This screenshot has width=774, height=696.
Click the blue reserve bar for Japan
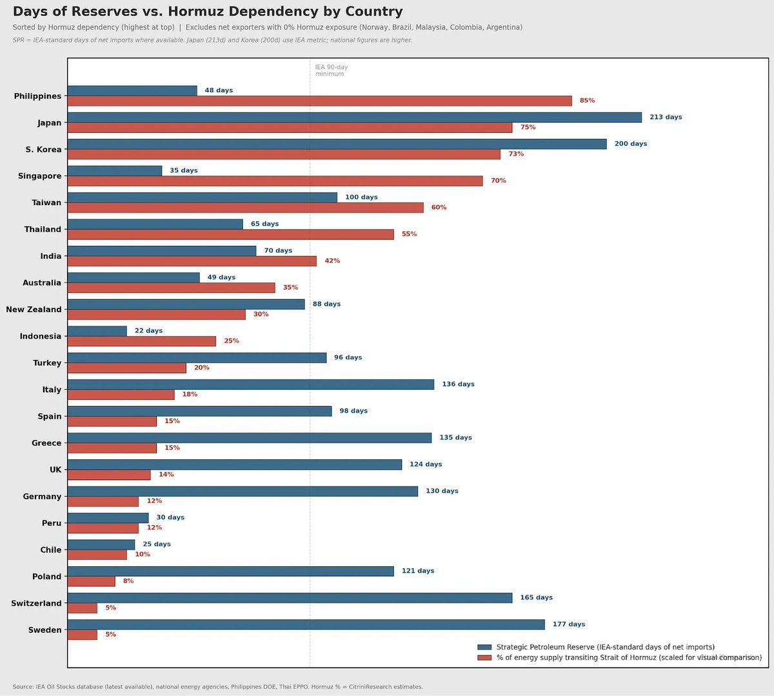(354, 117)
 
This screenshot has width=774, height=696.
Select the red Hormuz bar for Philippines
(319, 101)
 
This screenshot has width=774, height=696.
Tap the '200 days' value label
(630, 144)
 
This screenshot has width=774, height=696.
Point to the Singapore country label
(40, 176)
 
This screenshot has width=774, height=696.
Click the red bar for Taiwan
(245, 208)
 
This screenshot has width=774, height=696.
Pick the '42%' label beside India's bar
(332, 261)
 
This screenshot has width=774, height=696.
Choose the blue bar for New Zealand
(186, 304)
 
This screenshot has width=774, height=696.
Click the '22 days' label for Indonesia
(148, 331)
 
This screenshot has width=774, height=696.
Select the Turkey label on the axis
(47, 363)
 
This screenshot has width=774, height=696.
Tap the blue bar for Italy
(250, 384)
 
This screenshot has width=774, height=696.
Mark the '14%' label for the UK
(166, 475)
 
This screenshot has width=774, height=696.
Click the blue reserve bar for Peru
(108, 517)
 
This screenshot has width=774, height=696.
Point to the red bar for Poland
(91, 581)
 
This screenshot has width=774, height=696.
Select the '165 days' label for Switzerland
(536, 598)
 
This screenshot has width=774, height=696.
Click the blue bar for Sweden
(306, 624)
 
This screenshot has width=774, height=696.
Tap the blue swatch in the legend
(484, 647)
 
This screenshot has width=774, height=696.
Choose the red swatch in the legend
(484, 657)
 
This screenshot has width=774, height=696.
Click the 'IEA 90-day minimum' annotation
(331, 70)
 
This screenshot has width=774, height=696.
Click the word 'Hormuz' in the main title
(194, 12)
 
